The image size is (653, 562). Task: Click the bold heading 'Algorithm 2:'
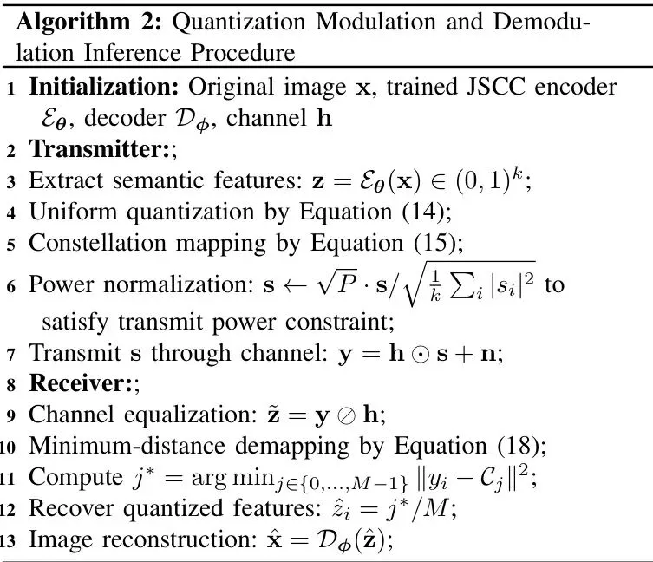click(x=88, y=22)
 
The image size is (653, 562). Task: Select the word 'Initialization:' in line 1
click(x=104, y=87)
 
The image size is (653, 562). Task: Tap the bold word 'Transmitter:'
click(x=99, y=149)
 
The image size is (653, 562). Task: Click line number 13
click(x=8, y=541)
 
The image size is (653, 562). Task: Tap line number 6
click(x=10, y=287)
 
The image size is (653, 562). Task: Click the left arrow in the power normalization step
click(x=295, y=285)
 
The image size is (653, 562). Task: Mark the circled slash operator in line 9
click(x=346, y=415)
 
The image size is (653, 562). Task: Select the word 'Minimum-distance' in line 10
click(x=127, y=446)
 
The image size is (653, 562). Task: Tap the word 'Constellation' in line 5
click(x=98, y=243)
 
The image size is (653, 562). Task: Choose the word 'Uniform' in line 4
click(x=73, y=212)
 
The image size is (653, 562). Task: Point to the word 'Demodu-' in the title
click(x=541, y=22)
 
